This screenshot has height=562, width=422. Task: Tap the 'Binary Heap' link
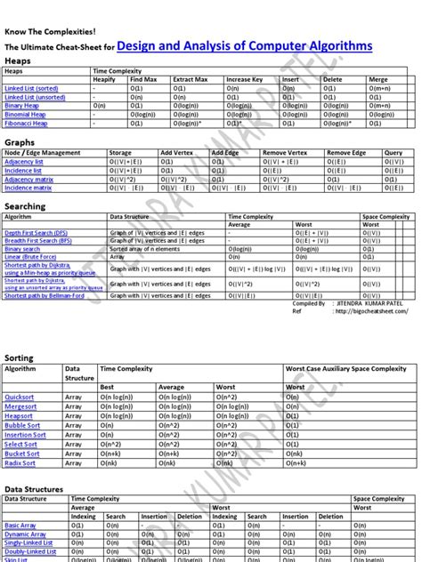[23, 106]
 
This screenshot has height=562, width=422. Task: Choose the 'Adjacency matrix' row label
[29, 179]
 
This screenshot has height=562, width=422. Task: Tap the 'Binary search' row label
[22, 249]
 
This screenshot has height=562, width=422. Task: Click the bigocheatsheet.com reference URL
[363, 312]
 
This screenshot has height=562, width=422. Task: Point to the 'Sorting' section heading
[20, 357]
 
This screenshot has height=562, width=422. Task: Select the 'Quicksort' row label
[19, 395]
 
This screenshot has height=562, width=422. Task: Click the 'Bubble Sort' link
[22, 425]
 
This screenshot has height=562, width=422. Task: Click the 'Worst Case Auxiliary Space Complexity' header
[345, 368]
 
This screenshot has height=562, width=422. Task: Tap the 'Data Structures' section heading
[34, 489]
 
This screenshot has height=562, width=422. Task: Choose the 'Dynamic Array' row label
[27, 534]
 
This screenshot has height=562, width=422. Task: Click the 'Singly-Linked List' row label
[28, 542]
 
